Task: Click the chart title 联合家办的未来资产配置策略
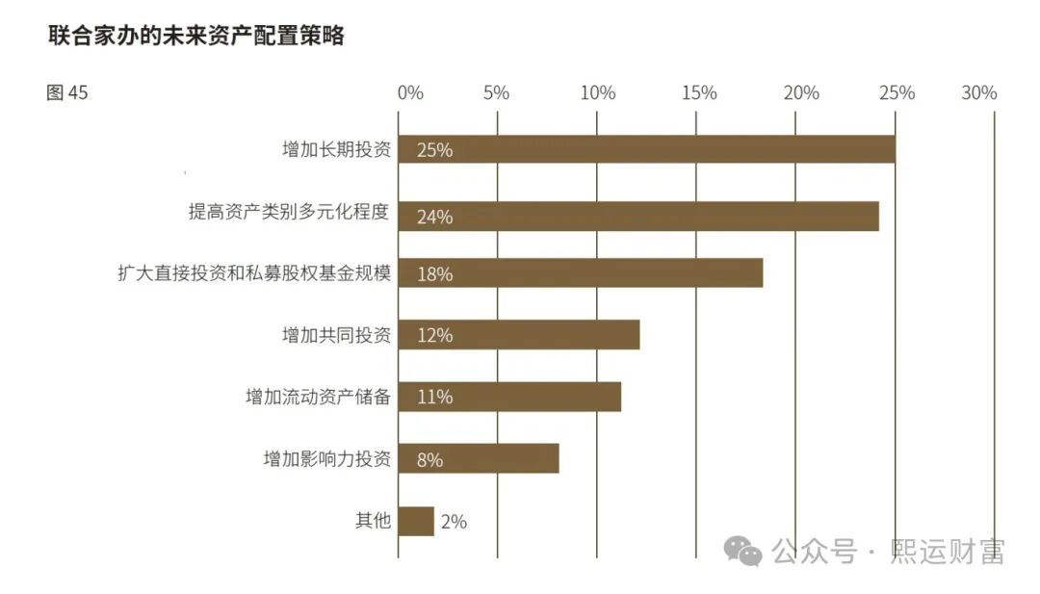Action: tap(196, 37)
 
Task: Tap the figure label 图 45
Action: tap(67, 92)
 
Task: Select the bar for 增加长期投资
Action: tap(646, 149)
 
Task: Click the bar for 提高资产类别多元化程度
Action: tap(637, 216)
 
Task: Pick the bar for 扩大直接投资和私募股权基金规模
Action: tap(580, 273)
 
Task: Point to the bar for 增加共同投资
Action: tap(518, 335)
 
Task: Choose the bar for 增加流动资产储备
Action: tap(508, 397)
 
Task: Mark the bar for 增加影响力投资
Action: tap(478, 459)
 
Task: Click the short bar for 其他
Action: tap(416, 521)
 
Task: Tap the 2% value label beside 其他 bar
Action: tap(454, 522)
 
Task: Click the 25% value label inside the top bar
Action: tap(434, 150)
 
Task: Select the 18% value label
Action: tap(434, 274)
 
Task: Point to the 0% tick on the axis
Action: tap(410, 92)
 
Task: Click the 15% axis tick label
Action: tap(698, 92)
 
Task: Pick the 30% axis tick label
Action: tap(979, 92)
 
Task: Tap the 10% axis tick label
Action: tap(598, 92)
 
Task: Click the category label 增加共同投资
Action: tap(336, 335)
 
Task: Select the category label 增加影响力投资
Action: tap(327, 459)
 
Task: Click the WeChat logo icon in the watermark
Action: tap(743, 551)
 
